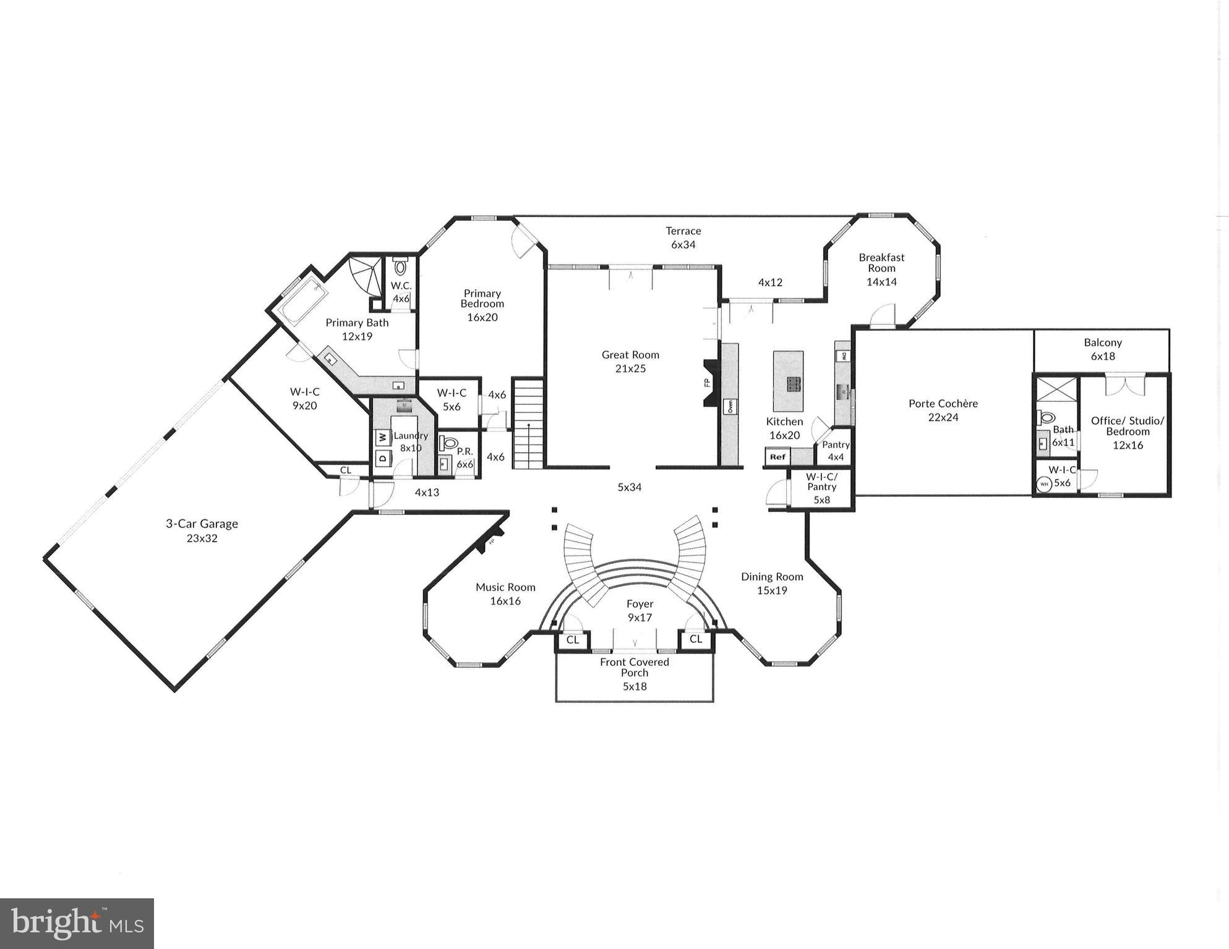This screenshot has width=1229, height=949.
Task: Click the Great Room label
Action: click(x=630, y=355)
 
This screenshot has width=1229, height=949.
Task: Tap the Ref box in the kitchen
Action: click(x=777, y=457)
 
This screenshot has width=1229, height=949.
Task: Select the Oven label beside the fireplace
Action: click(x=730, y=407)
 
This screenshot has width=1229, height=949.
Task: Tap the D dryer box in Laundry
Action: click(x=382, y=458)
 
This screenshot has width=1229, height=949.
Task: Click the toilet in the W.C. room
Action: click(x=401, y=268)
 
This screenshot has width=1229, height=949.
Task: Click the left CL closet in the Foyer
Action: click(x=572, y=640)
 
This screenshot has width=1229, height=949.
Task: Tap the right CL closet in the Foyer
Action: click(x=696, y=639)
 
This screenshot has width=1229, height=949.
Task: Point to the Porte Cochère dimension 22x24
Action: click(x=943, y=417)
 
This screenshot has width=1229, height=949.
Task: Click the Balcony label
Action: click(x=1102, y=343)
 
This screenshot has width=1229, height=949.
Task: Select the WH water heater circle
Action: click(x=1044, y=484)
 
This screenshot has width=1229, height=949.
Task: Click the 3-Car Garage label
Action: click(x=202, y=524)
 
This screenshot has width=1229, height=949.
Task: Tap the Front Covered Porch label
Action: click(x=635, y=667)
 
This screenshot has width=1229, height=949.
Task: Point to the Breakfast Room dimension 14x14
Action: click(x=881, y=282)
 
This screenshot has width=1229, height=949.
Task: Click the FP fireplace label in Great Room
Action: click(x=706, y=383)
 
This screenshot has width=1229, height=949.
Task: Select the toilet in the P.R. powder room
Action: click(x=448, y=443)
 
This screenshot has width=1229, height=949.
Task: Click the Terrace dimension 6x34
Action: click(x=683, y=245)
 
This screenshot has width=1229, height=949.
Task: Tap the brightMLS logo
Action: click(x=77, y=924)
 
